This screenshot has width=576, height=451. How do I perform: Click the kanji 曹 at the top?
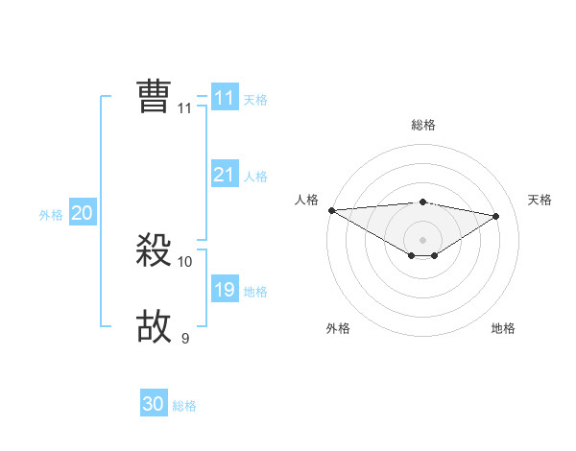tap(154, 97)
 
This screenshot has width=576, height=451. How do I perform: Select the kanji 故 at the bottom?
tap(154, 326)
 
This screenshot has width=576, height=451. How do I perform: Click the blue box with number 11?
tap(224, 98)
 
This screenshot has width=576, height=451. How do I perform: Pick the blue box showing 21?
tap(224, 175)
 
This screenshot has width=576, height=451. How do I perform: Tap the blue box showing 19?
tap(224, 290)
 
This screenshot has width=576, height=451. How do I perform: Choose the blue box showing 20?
tap(82, 213)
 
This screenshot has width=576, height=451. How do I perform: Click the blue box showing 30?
tap(154, 404)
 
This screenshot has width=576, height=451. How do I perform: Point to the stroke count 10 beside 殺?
tap(185, 261)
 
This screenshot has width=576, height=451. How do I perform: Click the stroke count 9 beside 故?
tap(185, 338)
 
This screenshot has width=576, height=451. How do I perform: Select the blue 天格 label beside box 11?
tap(255, 100)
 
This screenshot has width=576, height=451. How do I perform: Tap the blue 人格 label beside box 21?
tap(255, 177)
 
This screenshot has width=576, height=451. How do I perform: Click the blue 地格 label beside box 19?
tap(255, 292)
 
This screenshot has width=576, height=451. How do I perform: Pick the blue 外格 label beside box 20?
tap(51, 215)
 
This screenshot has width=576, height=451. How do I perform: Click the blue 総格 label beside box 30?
tap(184, 406)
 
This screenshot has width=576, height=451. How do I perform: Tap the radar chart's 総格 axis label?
tap(422, 125)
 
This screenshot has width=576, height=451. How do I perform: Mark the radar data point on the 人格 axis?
tap(331, 210)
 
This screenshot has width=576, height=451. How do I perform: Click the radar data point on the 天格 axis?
tap(496, 216)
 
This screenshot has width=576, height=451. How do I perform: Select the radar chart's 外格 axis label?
tap(338, 328)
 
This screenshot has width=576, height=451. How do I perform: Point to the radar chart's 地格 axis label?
tap(503, 328)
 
